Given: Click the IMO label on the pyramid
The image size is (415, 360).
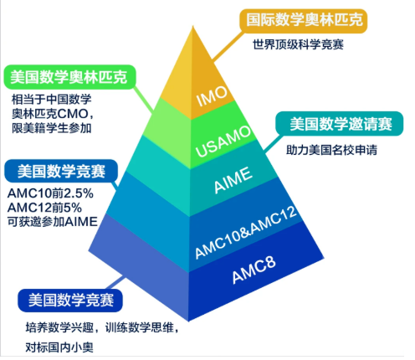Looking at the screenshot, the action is [x=212, y=96].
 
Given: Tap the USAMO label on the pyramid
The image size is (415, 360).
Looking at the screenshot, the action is [x=223, y=141].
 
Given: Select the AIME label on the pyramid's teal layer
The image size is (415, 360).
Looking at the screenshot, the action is [x=233, y=180].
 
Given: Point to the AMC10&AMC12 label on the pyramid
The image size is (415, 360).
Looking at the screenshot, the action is [x=246, y=233].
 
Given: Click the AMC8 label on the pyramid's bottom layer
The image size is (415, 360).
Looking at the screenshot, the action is [x=254, y=269].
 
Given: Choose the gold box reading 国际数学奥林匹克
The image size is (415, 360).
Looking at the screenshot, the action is [x=304, y=20].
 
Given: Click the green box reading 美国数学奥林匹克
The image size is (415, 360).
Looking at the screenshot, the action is [x=69, y=77].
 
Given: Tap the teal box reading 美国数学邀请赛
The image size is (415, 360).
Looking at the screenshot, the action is [x=340, y=124].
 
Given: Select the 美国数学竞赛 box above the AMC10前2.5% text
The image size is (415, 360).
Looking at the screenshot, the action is [x=61, y=171].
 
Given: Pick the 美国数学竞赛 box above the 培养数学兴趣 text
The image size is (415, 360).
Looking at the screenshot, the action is [x=70, y=301].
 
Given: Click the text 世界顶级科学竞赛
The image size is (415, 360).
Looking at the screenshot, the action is [x=298, y=44].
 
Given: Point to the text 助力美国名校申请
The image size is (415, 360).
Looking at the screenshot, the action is [x=331, y=150].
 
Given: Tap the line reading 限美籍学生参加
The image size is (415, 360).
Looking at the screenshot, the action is [x=52, y=128].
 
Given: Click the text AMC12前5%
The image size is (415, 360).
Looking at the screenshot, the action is [x=44, y=208].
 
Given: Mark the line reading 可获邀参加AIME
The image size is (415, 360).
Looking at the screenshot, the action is [x=53, y=222].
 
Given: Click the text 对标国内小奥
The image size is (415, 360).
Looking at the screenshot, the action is [x=59, y=347].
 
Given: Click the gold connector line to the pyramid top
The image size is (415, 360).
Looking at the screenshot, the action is [x=228, y=45].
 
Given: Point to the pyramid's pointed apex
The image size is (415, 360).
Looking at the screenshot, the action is [x=192, y=27].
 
